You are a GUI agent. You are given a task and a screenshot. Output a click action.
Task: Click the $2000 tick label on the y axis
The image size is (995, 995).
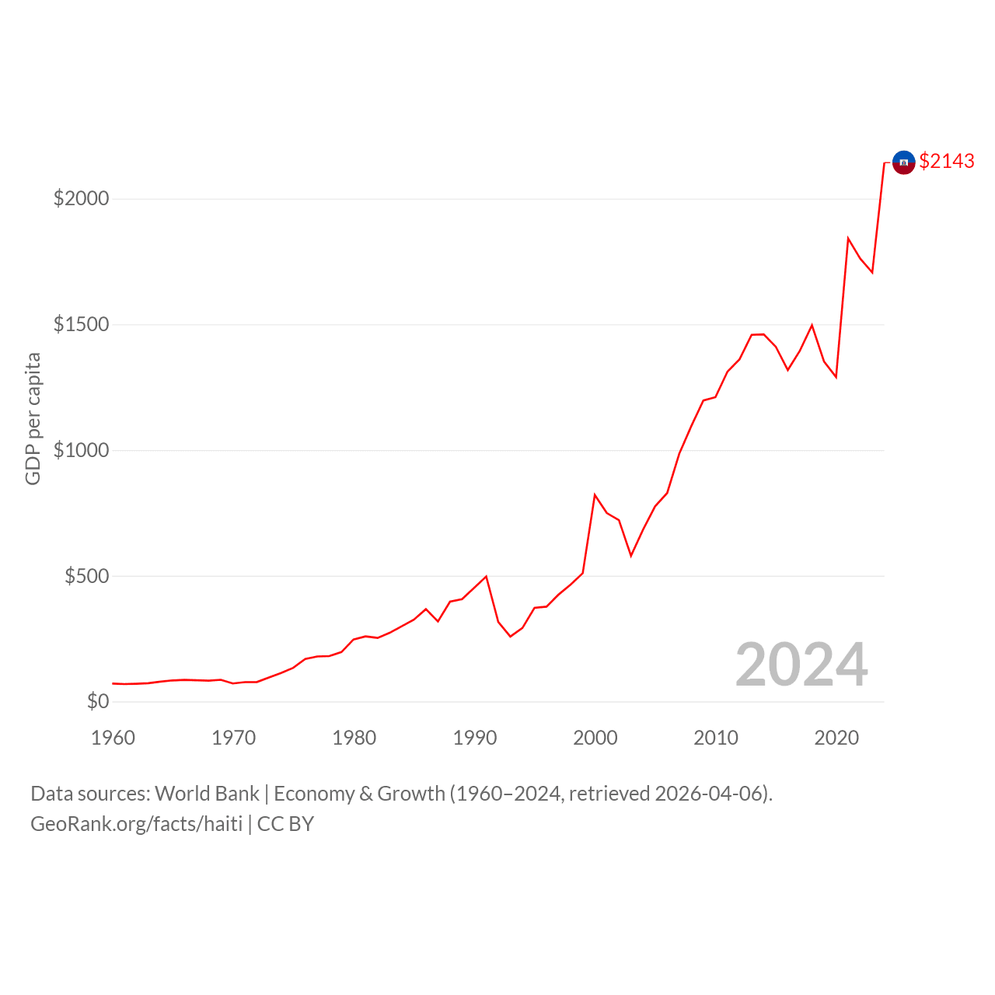pos(81,198)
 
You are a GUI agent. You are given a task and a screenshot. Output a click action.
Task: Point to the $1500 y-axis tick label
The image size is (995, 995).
pos(81,324)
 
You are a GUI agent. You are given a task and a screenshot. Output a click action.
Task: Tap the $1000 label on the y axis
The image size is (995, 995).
pos(81,450)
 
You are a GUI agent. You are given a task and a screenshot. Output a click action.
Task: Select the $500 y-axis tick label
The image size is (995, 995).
pos(87,576)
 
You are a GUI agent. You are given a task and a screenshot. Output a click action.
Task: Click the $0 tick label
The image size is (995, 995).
pos(98,701)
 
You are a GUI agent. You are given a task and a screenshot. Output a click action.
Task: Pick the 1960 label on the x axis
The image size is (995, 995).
pos(113,738)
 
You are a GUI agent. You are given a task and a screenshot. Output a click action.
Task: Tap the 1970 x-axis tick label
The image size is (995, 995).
pos(233,738)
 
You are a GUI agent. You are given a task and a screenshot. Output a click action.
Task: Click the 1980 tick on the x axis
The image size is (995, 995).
pos(354,738)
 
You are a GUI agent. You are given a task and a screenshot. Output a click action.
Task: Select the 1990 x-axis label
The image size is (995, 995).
pos(474,738)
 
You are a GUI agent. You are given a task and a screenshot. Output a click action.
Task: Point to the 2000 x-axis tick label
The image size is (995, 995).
pos(595,738)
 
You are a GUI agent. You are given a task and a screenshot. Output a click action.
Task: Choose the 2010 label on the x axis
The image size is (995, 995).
pos(716,738)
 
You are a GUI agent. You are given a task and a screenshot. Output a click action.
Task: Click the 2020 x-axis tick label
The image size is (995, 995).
pos(836,738)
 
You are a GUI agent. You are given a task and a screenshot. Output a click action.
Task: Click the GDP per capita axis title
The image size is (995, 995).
pos(33,419)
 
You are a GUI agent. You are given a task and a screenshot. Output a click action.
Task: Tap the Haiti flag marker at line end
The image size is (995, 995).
pos(903,162)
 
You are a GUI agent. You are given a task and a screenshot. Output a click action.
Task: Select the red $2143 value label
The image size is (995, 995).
pos(947,161)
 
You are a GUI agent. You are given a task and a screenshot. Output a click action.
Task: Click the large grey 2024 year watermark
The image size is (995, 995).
pos(801,664)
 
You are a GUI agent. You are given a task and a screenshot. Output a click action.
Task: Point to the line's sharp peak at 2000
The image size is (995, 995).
pos(595,494)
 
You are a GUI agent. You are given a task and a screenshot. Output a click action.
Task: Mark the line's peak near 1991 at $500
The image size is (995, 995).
pos(486,576)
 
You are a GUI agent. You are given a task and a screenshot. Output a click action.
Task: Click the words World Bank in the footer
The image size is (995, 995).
pos(207,794)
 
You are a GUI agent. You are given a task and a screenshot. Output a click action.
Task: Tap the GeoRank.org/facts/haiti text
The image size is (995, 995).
pos(136,824)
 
